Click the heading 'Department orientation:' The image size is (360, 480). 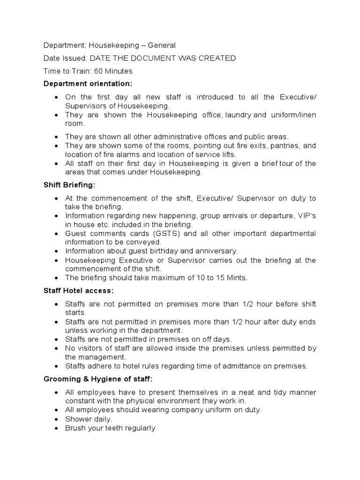88,84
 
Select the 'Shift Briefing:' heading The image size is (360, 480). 69,185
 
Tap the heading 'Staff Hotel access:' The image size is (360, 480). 78,291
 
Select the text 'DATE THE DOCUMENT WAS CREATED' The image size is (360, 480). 163,58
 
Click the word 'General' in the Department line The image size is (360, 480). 162,45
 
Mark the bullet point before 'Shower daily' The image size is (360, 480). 56,419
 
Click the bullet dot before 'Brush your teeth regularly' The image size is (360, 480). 56,428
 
